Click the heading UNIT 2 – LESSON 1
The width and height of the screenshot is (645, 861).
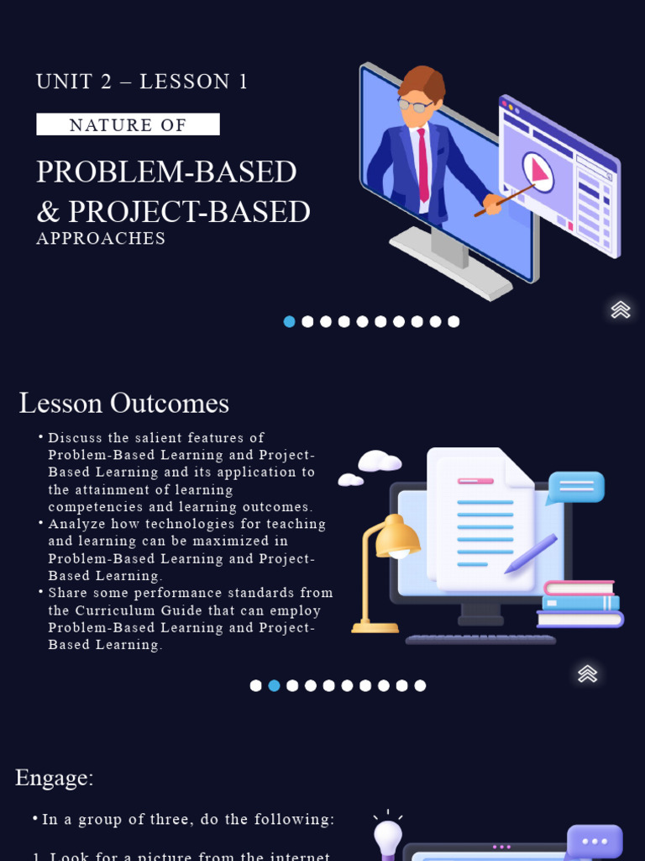(142, 82)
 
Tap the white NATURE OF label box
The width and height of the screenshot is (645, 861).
(128, 124)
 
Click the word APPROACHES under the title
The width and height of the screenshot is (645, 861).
(101, 239)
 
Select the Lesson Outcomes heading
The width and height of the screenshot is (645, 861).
(123, 404)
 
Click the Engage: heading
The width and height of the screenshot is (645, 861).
(54, 778)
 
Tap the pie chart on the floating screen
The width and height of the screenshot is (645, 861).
(538, 172)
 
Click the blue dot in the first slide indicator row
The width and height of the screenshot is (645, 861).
(290, 321)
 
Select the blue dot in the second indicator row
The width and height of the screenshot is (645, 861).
(274, 685)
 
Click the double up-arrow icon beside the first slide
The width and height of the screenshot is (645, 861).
(621, 309)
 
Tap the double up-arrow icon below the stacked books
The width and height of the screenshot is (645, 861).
(588, 673)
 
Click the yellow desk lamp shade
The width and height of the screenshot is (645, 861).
(397, 539)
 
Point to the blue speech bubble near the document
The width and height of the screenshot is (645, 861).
(575, 487)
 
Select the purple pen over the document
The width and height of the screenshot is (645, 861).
(531, 554)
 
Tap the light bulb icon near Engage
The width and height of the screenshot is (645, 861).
(388, 837)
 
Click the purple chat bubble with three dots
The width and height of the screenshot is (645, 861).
(595, 842)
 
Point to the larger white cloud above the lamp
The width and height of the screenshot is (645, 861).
(380, 461)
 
